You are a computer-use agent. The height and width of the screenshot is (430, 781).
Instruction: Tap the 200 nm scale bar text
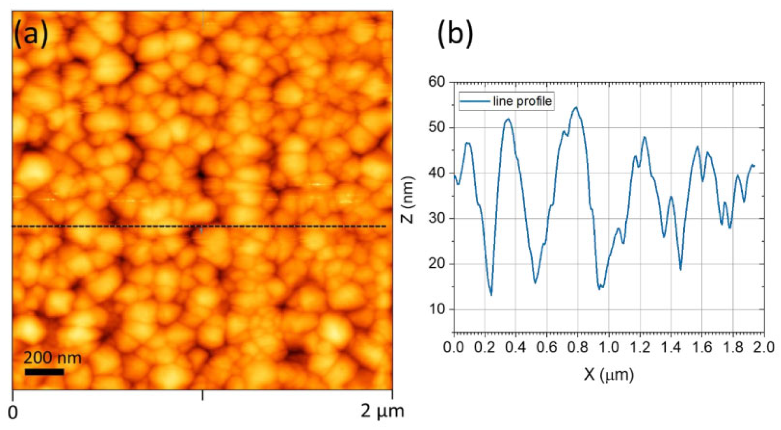click(52, 357)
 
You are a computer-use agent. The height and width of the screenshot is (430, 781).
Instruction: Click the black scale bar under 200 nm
click(44, 372)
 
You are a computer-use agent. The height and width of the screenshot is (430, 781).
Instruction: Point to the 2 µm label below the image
click(382, 411)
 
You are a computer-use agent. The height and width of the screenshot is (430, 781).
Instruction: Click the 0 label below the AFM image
click(13, 413)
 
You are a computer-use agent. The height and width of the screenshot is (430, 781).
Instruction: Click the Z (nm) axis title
click(408, 200)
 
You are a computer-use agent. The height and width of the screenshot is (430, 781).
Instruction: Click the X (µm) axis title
click(609, 375)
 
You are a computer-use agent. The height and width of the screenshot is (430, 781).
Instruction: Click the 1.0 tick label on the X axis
click(609, 347)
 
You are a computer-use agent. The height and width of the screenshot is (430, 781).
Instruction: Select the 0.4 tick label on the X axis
click(516, 347)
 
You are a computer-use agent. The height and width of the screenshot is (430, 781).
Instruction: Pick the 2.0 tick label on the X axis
click(764, 347)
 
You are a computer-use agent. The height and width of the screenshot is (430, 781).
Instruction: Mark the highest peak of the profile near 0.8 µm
click(576, 107)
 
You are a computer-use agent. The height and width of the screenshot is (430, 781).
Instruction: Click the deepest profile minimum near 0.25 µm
click(491, 295)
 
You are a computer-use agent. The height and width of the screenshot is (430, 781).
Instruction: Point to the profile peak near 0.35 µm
click(508, 119)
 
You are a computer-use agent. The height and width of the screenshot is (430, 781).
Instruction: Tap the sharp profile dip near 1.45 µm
click(680, 270)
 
